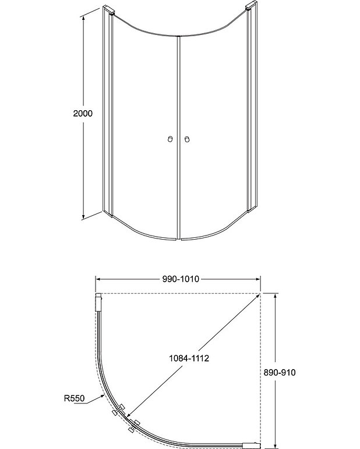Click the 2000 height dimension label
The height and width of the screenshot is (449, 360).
[x=83, y=113]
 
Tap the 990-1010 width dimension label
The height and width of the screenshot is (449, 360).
[x=181, y=279]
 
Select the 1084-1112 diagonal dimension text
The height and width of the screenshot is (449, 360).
[x=189, y=358]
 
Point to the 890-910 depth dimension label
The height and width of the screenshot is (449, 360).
[x=279, y=372]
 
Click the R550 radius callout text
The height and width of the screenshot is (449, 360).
[x=75, y=398]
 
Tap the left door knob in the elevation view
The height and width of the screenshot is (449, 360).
[x=170, y=139]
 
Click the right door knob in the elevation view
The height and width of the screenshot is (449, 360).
[x=187, y=139]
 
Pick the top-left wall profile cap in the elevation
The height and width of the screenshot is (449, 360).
[x=109, y=9]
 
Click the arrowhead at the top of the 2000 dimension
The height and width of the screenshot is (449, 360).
[x=83, y=18]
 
